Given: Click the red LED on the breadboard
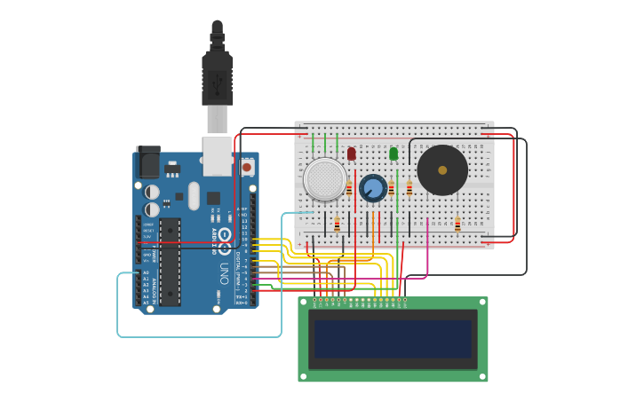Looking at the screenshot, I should point(351,154).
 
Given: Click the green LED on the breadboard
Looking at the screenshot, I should point(394,154).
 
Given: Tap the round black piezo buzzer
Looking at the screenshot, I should point(442,169).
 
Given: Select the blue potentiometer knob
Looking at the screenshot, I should point(373,187).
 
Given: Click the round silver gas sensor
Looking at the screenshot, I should point(325,178).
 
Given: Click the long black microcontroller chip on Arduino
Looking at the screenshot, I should point(170,261).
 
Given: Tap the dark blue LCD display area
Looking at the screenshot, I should point(392,339).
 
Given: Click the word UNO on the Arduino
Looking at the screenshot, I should point(225,271).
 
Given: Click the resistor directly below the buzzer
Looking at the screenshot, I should point(457,225).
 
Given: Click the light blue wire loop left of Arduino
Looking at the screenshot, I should point(118,306).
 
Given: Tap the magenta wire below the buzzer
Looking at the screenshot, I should point(428,248).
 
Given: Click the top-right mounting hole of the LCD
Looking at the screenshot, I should point(482,303).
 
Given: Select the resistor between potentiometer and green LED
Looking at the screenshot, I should point(391,187).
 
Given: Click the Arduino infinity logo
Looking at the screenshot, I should point(225,237).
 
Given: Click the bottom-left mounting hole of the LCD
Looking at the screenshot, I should point(304,376).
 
